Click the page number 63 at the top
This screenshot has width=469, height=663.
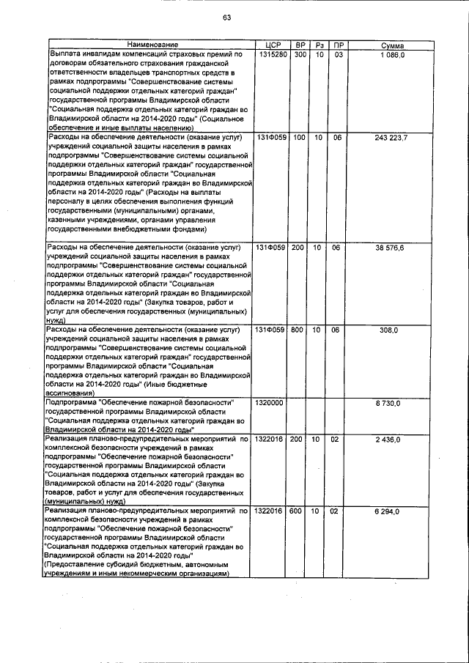pos(227,18)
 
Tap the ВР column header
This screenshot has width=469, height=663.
pos(300,45)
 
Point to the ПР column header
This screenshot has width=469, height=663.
pos(338,45)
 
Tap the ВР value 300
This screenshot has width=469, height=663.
pos(300,55)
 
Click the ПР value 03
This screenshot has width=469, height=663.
pos(338,55)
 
